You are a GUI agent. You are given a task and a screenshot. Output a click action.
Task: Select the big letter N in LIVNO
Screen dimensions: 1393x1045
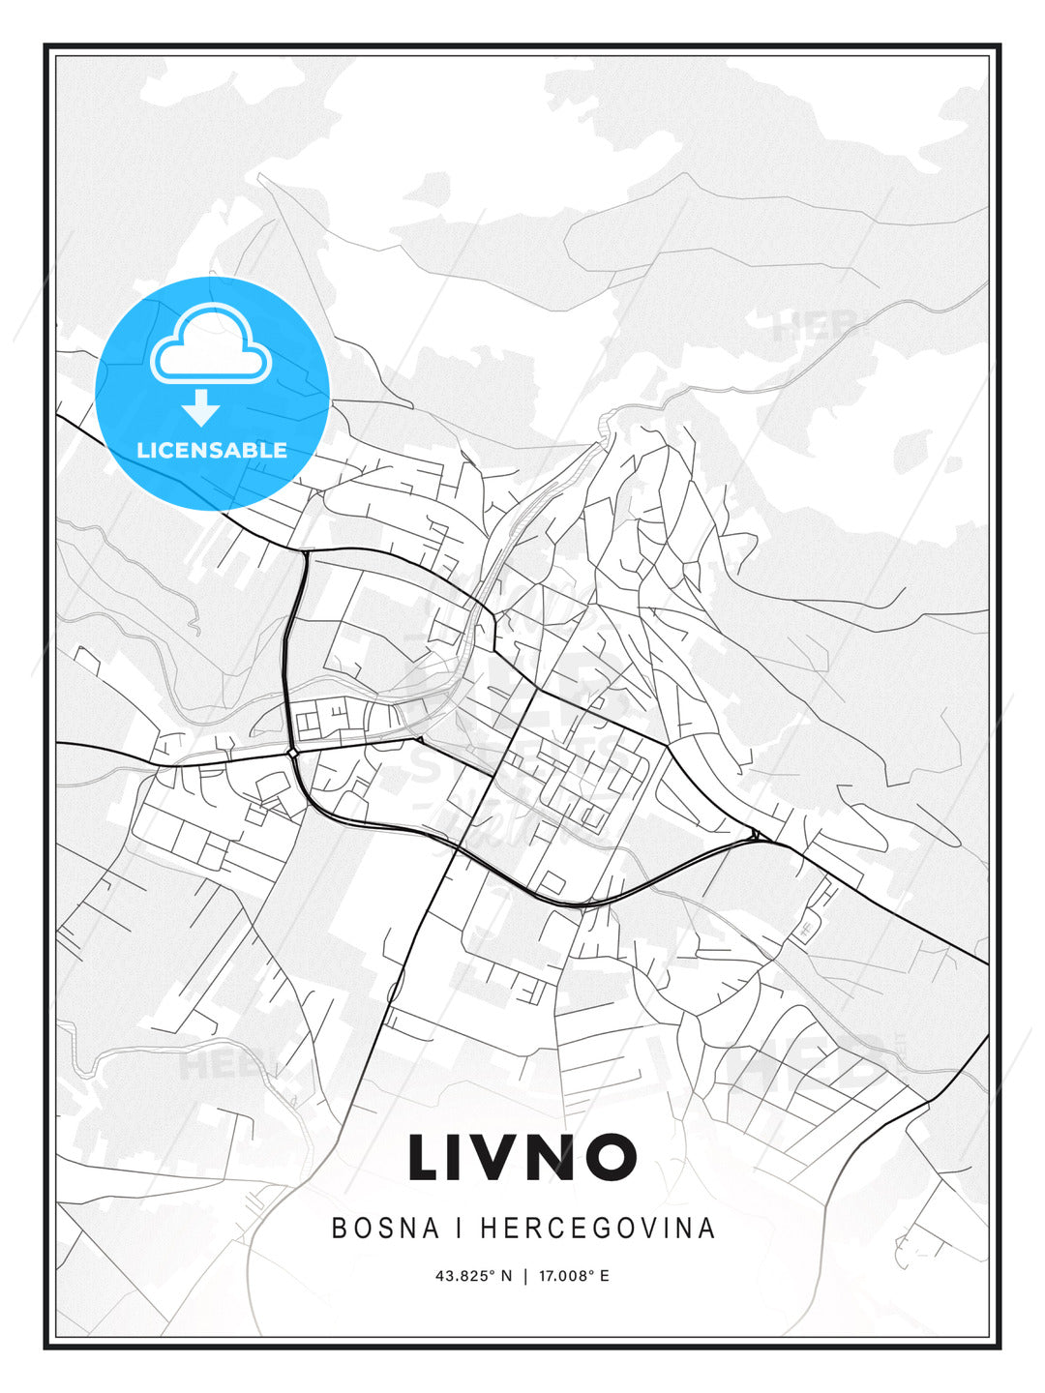tap(556, 1157)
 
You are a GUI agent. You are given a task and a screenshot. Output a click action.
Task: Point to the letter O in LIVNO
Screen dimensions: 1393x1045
tap(611, 1157)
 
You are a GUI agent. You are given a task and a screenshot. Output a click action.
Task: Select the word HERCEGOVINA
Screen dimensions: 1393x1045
tap(597, 1228)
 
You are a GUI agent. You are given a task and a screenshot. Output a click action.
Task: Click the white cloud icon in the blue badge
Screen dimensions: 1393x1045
tap(211, 344)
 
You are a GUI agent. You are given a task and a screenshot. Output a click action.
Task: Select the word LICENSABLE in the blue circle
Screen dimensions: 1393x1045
tap(212, 450)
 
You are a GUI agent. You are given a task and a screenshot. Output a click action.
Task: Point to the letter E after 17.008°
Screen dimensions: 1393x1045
tap(605, 1276)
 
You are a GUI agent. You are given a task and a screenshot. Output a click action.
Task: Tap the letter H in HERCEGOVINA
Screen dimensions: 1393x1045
tap(488, 1228)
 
